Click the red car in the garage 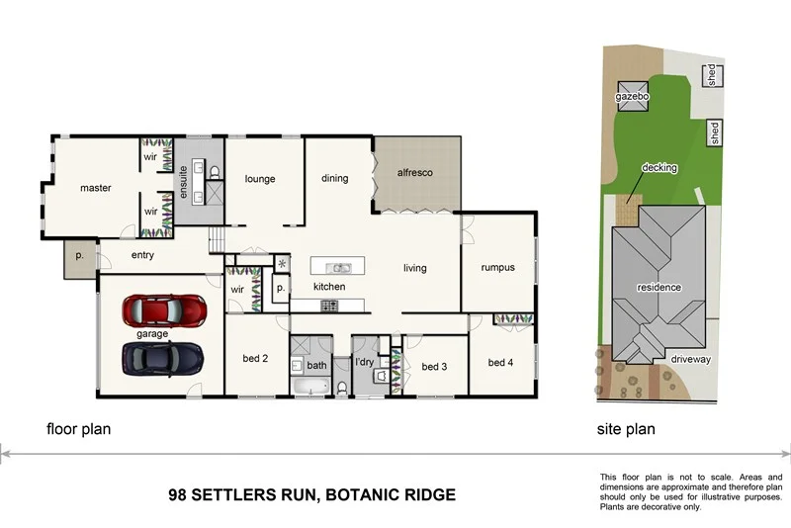167,310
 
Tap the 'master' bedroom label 95,188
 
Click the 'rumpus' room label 497,267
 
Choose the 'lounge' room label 259,179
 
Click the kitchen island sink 338,267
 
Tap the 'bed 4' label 501,363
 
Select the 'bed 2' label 256,358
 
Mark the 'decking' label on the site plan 659,168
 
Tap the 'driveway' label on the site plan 691,360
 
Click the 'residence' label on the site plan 659,287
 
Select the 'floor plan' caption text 78,429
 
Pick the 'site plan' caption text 626,429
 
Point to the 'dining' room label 335,179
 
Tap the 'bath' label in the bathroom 316,365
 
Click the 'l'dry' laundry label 366,364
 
